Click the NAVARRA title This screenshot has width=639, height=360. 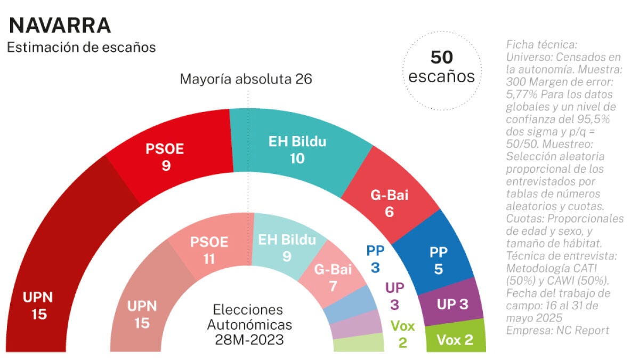pos(60,25)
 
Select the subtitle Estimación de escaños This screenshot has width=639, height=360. pos(81,47)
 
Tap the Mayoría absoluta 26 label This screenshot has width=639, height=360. pos(246,79)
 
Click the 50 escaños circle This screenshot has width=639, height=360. pos(441,67)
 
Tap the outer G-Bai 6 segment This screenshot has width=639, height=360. pos(389,203)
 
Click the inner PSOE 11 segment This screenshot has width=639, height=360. pos(209,250)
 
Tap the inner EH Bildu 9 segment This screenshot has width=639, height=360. pos(287,248)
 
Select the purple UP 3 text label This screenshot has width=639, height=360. pos(395,297)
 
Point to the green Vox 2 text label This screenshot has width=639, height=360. pos(402,334)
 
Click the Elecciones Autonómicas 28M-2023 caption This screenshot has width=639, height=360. pos(249,325)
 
